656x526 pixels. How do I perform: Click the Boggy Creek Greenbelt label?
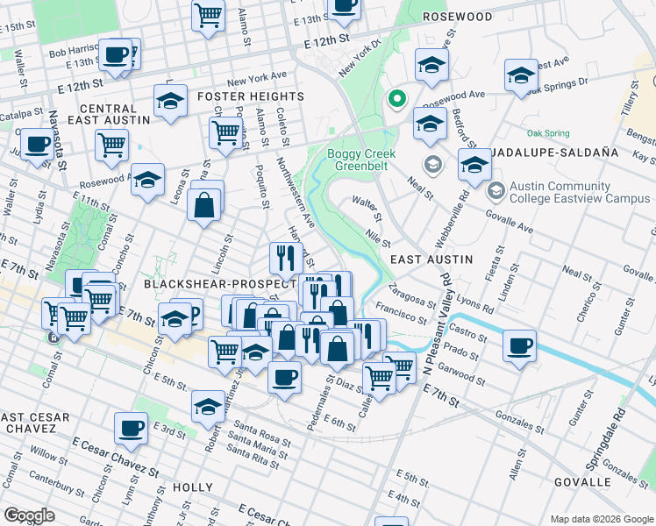361,160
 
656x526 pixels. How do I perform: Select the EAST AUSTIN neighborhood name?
431,259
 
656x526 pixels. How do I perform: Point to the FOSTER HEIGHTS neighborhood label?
250,96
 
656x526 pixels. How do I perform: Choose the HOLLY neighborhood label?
193,487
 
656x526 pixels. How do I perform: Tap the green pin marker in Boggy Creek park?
396,100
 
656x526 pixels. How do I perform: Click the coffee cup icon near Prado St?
520,345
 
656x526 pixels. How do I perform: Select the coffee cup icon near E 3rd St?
131,427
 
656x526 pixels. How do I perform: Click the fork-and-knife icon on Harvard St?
284,256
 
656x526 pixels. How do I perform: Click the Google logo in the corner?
29,515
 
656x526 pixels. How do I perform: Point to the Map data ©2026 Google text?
601,519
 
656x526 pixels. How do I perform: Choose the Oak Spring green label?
547,133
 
